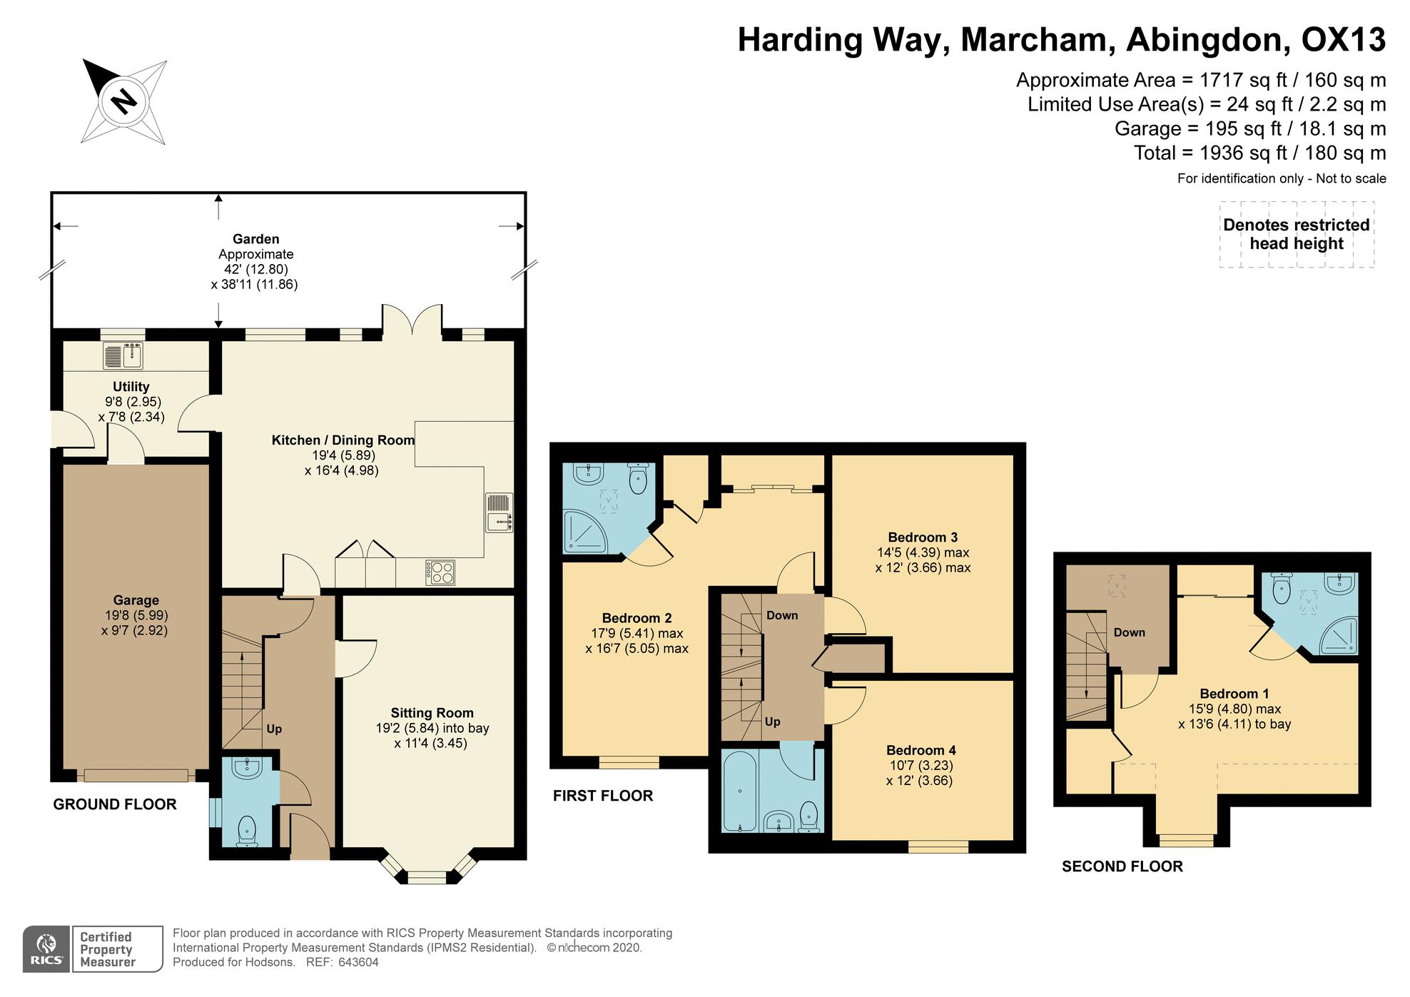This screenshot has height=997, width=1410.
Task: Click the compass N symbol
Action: [x=124, y=101]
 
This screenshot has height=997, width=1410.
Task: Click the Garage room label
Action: [x=136, y=600]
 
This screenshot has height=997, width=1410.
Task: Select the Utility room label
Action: [x=131, y=387]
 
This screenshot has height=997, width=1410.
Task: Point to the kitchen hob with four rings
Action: [x=440, y=572]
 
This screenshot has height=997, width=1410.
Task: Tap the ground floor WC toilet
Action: [x=246, y=831]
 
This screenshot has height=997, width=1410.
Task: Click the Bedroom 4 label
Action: [x=921, y=750]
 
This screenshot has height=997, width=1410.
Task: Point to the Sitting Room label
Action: [x=432, y=713]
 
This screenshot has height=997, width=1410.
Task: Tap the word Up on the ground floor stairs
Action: [x=274, y=729]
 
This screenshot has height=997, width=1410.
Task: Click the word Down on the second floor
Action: [x=1130, y=632]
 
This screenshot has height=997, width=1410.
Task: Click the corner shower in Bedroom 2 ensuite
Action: [x=585, y=530]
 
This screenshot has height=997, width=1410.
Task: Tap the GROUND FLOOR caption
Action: [x=115, y=804]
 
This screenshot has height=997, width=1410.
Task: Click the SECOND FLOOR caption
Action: [x=1122, y=866]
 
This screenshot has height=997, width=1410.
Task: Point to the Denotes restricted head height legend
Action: [x=1297, y=234]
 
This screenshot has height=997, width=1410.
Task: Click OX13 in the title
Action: [x=1344, y=40]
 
